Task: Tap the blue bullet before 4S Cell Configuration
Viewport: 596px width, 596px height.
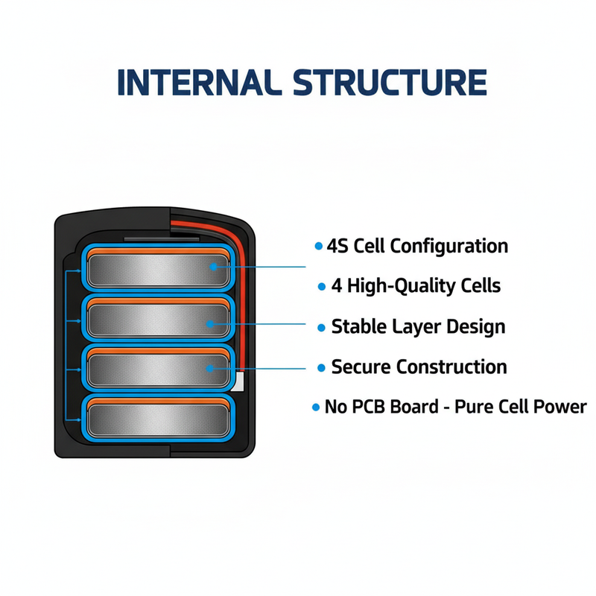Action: [319, 247]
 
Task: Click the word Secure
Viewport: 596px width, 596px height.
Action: [361, 367]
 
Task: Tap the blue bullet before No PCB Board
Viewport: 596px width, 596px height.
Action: [316, 408]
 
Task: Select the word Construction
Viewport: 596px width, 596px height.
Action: [451, 367]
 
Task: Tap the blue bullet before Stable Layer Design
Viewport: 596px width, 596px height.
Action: [321, 327]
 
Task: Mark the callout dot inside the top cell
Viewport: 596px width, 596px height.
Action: [215, 266]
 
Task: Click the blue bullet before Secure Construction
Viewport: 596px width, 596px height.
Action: [321, 367]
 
